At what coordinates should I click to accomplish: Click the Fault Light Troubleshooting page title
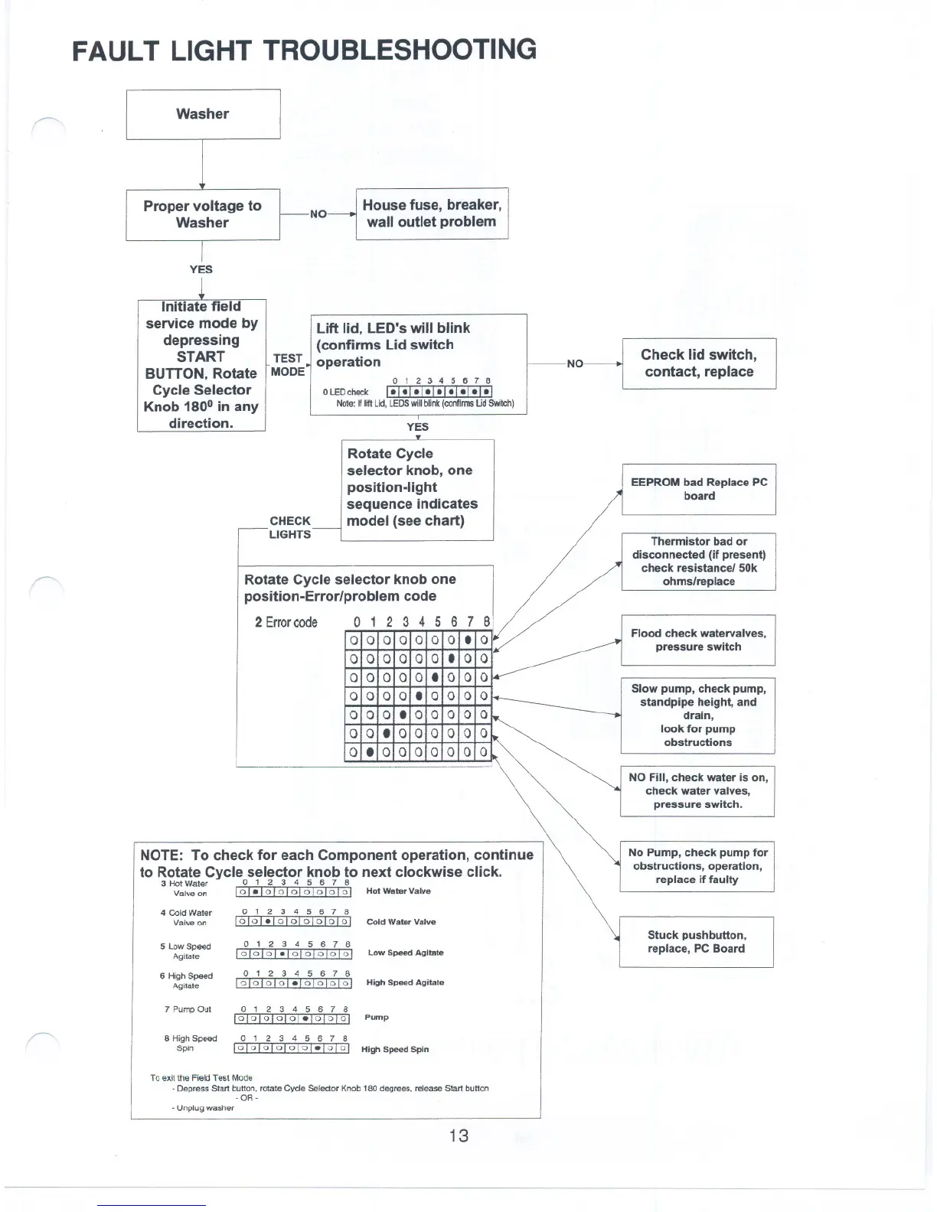(x=304, y=50)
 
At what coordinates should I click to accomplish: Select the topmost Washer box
(x=203, y=114)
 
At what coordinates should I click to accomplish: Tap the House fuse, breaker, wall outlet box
(x=432, y=213)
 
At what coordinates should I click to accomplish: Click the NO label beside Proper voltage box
(x=318, y=214)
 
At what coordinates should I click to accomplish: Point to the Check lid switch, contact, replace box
(x=699, y=363)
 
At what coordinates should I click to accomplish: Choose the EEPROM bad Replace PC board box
(x=698, y=489)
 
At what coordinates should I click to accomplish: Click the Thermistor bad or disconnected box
(x=698, y=561)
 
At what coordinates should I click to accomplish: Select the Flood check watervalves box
(x=697, y=640)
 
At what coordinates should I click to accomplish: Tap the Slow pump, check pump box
(x=697, y=715)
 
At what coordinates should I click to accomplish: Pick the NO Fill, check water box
(x=697, y=790)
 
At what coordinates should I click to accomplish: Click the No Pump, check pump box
(x=697, y=865)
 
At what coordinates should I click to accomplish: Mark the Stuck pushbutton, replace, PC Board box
(x=696, y=941)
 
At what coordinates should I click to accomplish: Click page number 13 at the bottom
(x=459, y=1135)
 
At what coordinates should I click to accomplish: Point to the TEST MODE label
(x=288, y=365)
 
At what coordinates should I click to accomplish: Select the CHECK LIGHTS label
(x=290, y=527)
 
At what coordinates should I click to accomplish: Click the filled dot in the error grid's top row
(x=468, y=640)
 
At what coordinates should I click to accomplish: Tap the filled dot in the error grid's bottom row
(x=370, y=752)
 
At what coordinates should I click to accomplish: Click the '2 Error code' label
(x=286, y=622)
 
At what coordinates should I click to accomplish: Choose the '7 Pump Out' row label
(x=188, y=1009)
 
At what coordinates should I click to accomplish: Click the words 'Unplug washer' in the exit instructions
(x=205, y=1107)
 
